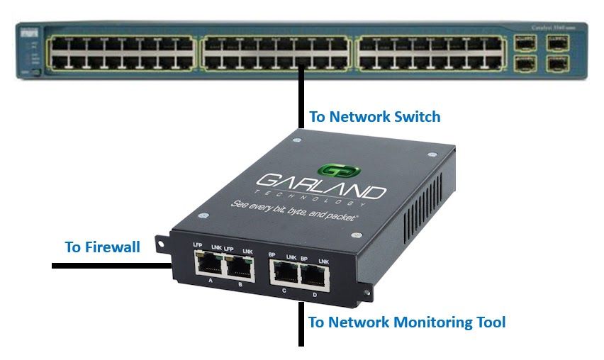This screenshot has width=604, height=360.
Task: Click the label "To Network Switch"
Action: (x=375, y=116)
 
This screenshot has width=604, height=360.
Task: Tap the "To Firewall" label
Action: (x=102, y=247)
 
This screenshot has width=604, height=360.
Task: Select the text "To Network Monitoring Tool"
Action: (x=407, y=322)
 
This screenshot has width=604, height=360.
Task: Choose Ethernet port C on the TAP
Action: (x=284, y=271)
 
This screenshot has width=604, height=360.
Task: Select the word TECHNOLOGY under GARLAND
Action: (x=320, y=201)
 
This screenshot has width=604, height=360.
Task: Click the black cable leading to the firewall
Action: (x=106, y=266)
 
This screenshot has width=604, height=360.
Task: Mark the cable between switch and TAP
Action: (x=302, y=96)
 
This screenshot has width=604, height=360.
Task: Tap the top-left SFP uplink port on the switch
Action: (x=525, y=42)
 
